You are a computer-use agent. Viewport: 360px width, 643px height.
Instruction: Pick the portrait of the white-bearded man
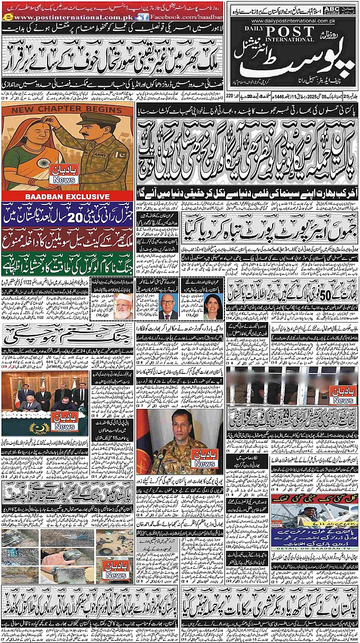tap(123, 306)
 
